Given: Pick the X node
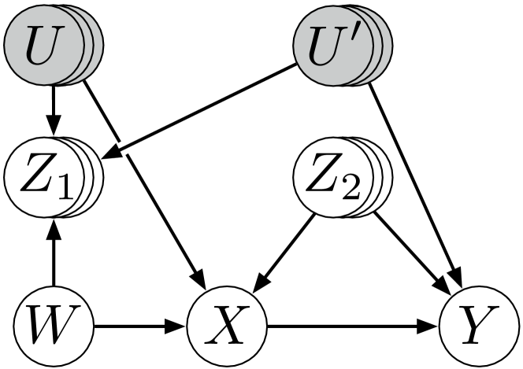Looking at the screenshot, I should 227,324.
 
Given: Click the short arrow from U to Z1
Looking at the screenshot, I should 53,110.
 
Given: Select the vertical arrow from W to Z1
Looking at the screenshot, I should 53,256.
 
